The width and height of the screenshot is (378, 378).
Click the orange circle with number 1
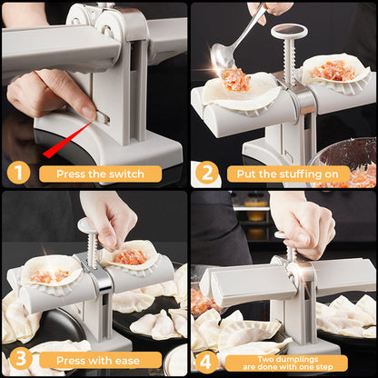click(17, 173)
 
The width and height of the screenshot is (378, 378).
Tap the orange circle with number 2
click(207, 173)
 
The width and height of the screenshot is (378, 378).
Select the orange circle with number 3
click(17, 361)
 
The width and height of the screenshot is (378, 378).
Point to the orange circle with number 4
click(207, 361)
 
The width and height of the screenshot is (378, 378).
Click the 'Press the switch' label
click(98, 174)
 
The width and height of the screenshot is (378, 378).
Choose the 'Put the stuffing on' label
click(287, 174)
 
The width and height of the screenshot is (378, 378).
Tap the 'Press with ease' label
click(98, 361)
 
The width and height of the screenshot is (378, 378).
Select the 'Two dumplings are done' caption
click(287, 361)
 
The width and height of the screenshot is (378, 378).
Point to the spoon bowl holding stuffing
click(230, 57)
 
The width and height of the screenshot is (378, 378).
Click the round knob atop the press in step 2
click(289, 32)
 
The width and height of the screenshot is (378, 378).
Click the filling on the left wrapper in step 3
click(51, 274)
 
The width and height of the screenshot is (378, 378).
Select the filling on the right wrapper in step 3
click(130, 257)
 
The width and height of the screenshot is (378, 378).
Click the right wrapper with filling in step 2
click(336, 71)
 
